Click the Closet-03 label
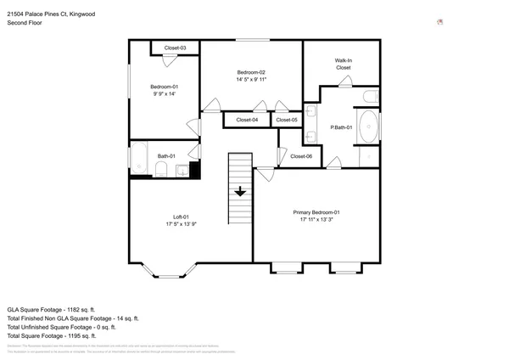pyautogui.click(x=176, y=48)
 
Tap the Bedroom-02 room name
pyautogui.click(x=252, y=72)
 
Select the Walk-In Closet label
pyautogui.click(x=344, y=64)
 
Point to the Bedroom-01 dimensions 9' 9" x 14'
pyautogui.click(x=165, y=94)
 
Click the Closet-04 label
pyautogui.click(x=247, y=121)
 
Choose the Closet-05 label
pyautogui.click(x=288, y=121)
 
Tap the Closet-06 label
pyautogui.click(x=301, y=156)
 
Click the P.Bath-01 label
pyautogui.click(x=341, y=127)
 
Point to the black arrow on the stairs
pyautogui.click(x=240, y=191)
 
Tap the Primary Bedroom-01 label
pyautogui.click(x=316, y=211)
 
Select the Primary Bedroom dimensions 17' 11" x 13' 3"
pyautogui.click(x=316, y=219)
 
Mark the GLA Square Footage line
pyautogui.click(x=51, y=309)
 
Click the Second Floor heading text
pyautogui.click(x=24, y=23)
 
